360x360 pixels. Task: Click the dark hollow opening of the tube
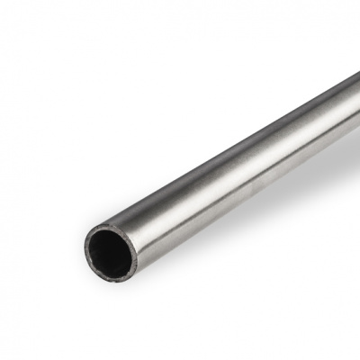coord(112,250)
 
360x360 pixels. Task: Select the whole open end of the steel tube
coord(112,251)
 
